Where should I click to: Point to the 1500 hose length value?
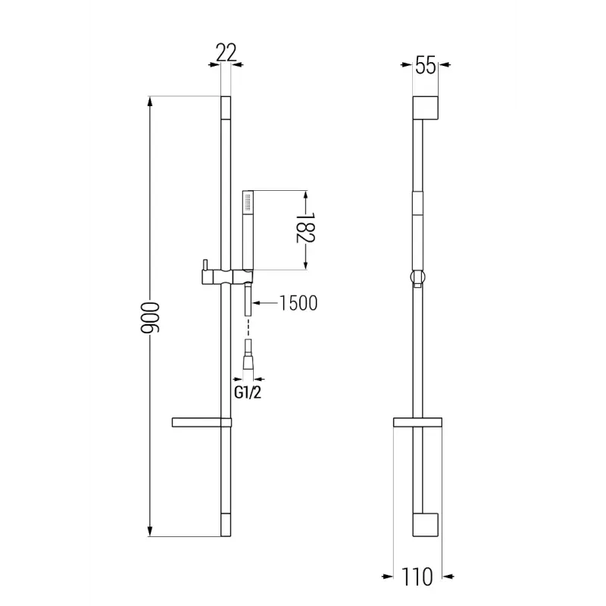[298, 303]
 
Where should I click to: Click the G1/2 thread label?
[247, 392]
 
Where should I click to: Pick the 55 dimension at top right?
[426, 66]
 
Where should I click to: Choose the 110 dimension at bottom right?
[417, 577]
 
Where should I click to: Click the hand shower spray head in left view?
[246, 201]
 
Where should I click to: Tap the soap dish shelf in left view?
[201, 422]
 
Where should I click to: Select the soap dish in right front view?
[417, 422]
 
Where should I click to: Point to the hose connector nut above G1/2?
[247, 361]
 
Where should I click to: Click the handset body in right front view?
[417, 216]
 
